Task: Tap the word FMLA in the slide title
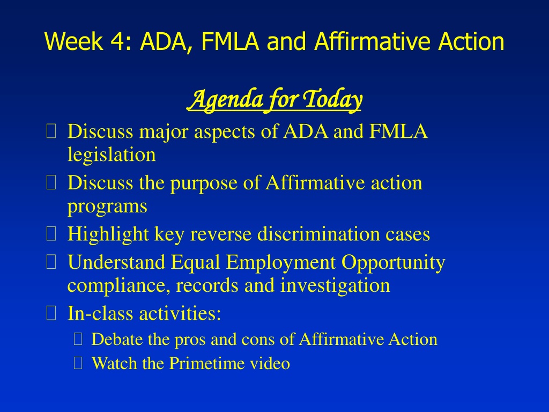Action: point(230,41)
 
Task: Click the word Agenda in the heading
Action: point(225,100)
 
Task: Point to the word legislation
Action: point(112,154)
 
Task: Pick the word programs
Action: point(107,207)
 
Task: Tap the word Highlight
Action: point(108,234)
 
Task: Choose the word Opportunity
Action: point(393,263)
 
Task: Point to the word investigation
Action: point(335,285)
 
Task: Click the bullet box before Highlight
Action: point(51,234)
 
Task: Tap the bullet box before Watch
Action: point(78,363)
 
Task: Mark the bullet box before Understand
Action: point(51,262)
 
